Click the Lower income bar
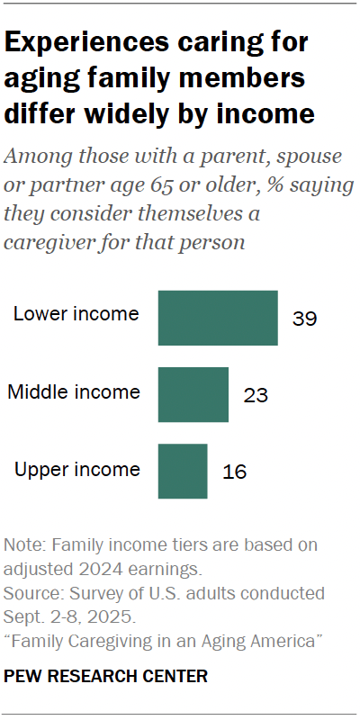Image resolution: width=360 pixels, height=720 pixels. tap(218, 318)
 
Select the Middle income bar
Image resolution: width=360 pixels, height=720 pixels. tap(193, 394)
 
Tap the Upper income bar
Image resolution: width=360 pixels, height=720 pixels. tap(183, 471)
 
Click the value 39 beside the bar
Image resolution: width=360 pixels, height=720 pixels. tap(305, 319)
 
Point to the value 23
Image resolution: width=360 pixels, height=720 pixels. tap(256, 395)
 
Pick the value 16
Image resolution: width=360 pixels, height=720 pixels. tap(234, 472)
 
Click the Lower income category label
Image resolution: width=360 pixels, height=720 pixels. tap(76, 314)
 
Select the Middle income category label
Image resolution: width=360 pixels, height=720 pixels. tap(74, 391)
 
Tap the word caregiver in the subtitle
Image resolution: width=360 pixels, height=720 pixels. tap(49, 244)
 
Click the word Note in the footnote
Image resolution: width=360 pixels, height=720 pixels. tap(22, 545)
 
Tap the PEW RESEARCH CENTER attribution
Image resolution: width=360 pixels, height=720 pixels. tap(106, 675)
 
